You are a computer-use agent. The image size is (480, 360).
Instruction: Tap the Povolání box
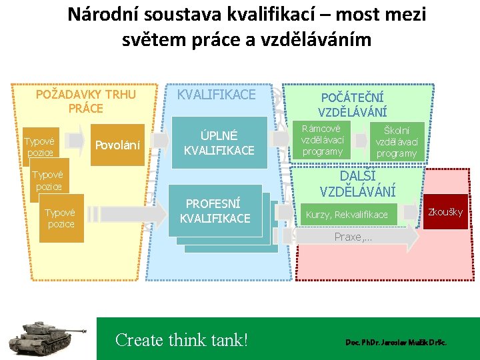coord(117,145)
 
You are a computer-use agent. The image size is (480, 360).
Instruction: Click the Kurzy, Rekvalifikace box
coord(347,215)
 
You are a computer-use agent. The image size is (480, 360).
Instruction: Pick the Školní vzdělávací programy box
coord(397,141)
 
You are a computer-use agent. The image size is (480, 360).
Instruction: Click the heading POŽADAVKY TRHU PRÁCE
coord(85,101)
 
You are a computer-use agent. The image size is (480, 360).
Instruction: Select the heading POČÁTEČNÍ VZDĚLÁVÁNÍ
coord(352,104)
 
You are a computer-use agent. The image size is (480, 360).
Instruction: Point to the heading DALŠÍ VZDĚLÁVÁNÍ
coord(357,183)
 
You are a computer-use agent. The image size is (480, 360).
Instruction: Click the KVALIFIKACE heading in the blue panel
coord(216,95)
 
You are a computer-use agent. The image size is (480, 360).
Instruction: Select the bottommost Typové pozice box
coord(61,217)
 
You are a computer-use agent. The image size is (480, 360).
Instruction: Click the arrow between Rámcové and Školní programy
coord(360,141)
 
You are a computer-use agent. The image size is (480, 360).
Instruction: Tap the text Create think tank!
coord(181,340)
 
